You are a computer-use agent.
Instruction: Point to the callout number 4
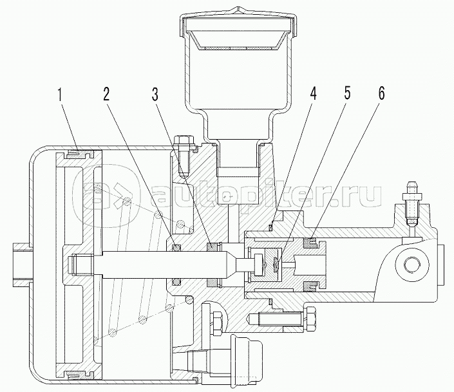coord(314,93)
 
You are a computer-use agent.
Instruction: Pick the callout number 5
coord(348,93)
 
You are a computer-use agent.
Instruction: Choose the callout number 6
coord(381,93)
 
